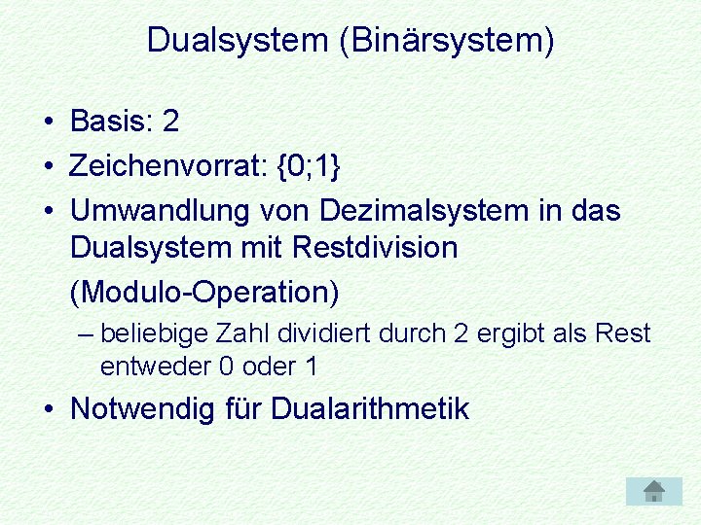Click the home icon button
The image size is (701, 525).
654,491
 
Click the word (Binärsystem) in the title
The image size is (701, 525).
447,41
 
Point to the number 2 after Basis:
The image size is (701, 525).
171,122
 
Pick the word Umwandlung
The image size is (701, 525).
161,210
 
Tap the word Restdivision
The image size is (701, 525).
374,248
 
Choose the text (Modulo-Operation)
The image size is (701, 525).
204,291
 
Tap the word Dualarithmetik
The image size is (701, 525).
370,409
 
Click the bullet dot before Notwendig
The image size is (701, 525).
48,409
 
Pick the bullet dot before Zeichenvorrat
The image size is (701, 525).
48,166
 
